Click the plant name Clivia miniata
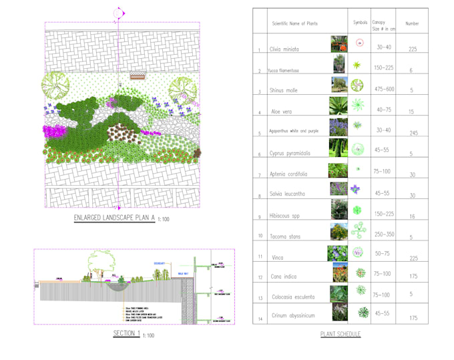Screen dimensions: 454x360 pyautogui.click(x=284, y=49)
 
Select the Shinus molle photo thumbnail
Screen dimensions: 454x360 pyautogui.click(x=339, y=85)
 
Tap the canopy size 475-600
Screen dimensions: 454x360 pyautogui.click(x=385, y=89)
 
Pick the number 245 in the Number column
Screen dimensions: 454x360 pyautogui.click(x=413, y=133)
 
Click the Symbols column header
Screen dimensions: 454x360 pyautogui.click(x=360, y=23)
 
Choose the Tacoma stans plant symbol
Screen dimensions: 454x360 pyautogui.click(x=359, y=231)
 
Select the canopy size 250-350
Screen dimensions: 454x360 pyautogui.click(x=385, y=234)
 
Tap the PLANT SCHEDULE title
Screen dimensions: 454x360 pyautogui.click(x=340, y=334)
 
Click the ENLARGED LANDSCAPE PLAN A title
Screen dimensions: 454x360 pyautogui.click(x=114, y=218)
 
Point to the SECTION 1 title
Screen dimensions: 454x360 pyautogui.click(x=127, y=333)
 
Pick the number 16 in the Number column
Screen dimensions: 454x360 pyautogui.click(x=413, y=216)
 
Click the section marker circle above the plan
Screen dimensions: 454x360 pyautogui.click(x=118, y=13)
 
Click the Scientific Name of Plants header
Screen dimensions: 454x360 pyautogui.click(x=294, y=23)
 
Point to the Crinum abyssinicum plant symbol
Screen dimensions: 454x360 pyautogui.click(x=363, y=313)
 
